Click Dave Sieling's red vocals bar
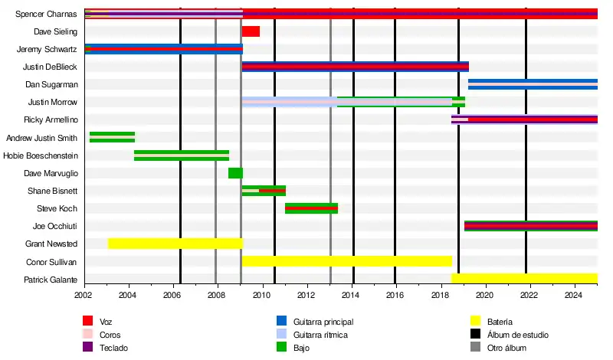pos(251,31)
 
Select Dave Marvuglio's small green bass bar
pos(235,173)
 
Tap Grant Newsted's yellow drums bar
pos(175,244)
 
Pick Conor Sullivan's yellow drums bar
pos(346,261)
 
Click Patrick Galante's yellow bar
pos(524,279)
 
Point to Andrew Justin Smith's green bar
pos(112,137)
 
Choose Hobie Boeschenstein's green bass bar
pos(181,155)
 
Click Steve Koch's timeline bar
pos(311,208)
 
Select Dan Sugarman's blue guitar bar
pos(533,84)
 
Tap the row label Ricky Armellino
pos(51,119)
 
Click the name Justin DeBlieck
pos(50,67)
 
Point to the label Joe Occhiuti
pos(54,226)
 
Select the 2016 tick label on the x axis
pos(395,294)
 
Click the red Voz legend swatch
pos(88,322)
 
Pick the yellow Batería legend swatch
pos(474,322)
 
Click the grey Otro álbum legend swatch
pos(474,348)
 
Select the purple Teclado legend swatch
pos(88,348)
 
